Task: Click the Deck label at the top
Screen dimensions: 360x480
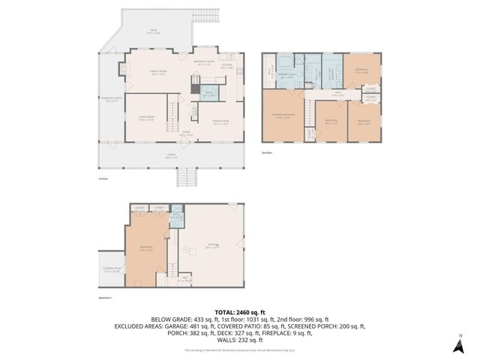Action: coord(153,32)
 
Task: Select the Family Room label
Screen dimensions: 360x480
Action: coord(157,73)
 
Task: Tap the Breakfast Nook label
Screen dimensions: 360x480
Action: coord(204,62)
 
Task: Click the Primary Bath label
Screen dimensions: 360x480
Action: coord(286,76)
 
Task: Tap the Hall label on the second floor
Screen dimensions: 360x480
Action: coord(337,94)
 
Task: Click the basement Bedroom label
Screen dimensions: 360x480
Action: coord(146,249)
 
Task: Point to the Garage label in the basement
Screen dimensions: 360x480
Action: coord(213,245)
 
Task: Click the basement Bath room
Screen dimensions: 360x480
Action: coord(176,217)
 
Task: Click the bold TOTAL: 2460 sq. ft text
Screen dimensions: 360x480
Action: coord(239,311)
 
